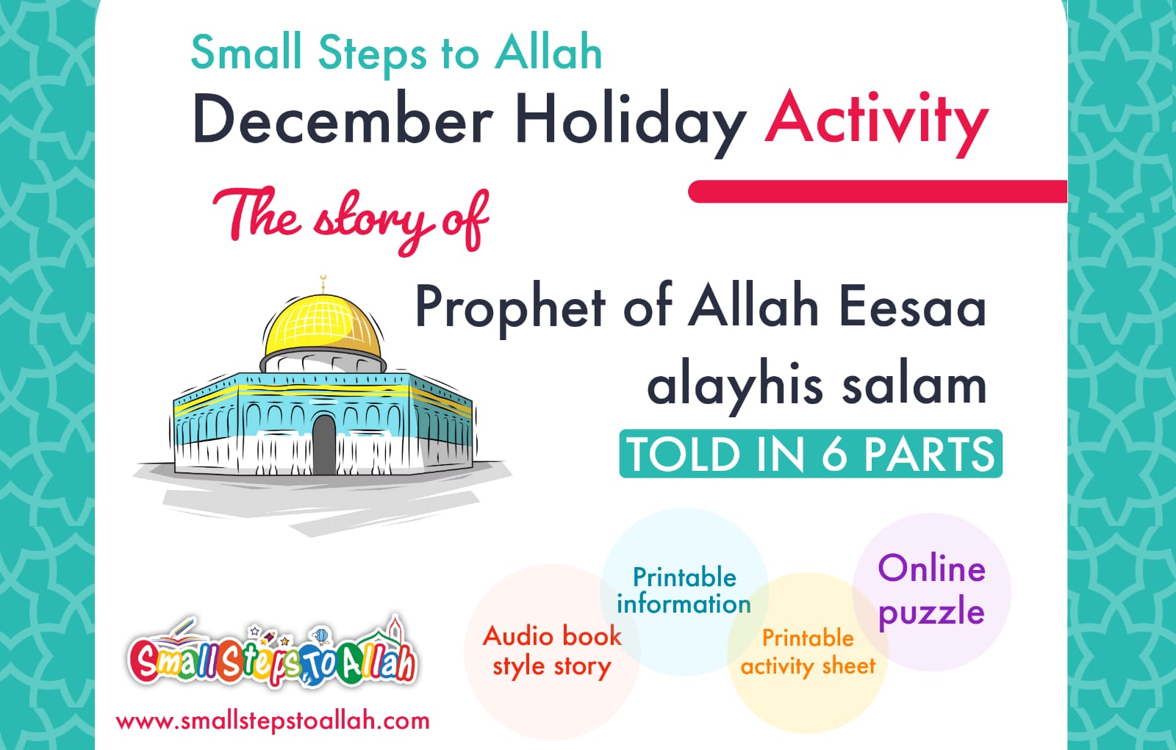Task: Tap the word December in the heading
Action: pyautogui.click(x=342, y=120)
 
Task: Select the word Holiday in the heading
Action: pyautogui.click(x=630, y=122)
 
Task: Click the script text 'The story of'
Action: pyautogui.click(x=351, y=217)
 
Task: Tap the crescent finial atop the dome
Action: pyautogui.click(x=322, y=282)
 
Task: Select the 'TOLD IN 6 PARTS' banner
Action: pyautogui.click(x=810, y=453)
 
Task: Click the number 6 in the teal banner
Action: pyautogui.click(x=833, y=454)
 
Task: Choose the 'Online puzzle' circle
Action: pyautogui.click(x=931, y=591)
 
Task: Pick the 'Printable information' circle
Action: pyautogui.click(x=684, y=591)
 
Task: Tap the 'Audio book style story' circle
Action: pyautogui.click(x=551, y=651)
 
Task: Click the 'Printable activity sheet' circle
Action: pyautogui.click(x=808, y=652)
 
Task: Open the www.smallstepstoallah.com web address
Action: pyautogui.click(x=273, y=721)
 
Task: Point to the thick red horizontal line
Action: pyautogui.click(x=877, y=192)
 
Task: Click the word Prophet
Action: pyautogui.click(x=510, y=307)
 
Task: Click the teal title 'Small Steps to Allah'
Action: pyautogui.click(x=396, y=53)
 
